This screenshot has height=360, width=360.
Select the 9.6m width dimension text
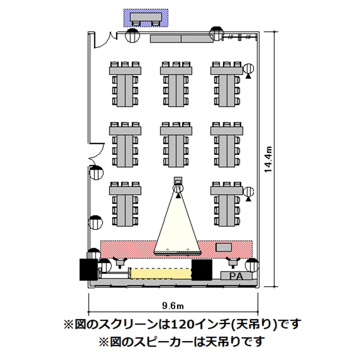[x=173, y=306]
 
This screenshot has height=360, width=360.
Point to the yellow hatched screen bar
[x=161, y=274]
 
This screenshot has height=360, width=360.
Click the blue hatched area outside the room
[x=146, y=18]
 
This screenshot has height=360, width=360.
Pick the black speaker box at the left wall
[x=88, y=269]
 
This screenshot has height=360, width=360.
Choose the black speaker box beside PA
[x=202, y=270]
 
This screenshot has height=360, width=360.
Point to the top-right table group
[x=226, y=84]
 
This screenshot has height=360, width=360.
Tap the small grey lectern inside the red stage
[x=223, y=247]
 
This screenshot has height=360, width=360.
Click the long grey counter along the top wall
[x=181, y=39]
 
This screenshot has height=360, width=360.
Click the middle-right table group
[x=226, y=144]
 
